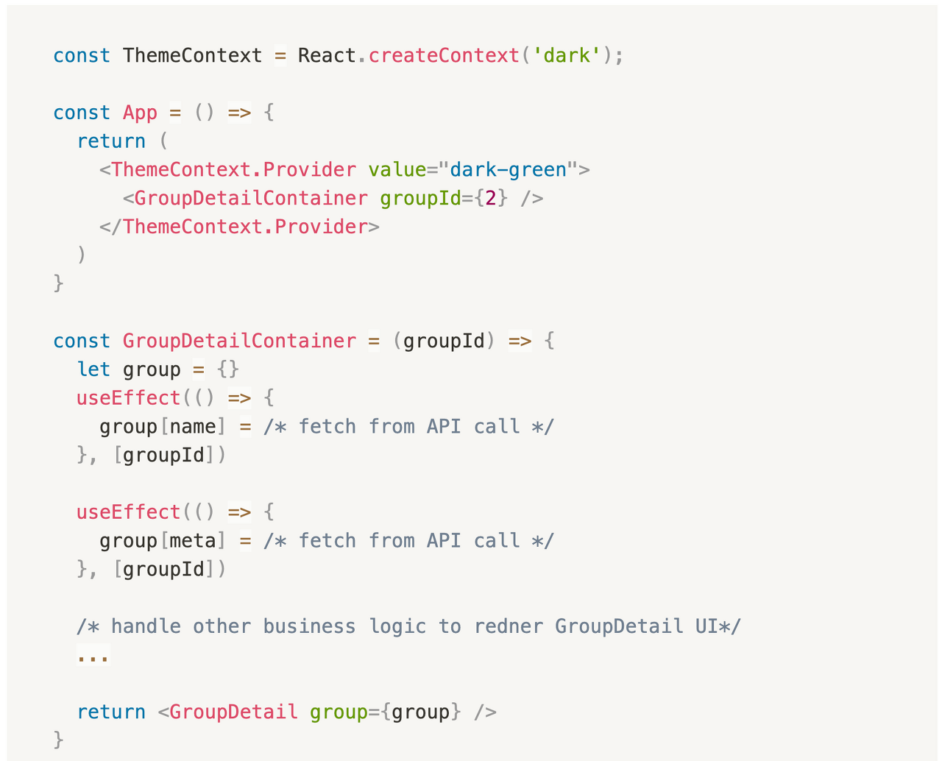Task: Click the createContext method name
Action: coord(443,56)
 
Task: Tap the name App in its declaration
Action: coord(140,113)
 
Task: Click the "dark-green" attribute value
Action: coord(508,170)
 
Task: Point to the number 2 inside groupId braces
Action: coord(490,199)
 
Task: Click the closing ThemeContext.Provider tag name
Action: coord(245,227)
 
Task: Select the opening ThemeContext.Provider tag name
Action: coord(233,170)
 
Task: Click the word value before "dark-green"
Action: coord(397,170)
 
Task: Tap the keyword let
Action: coord(93,369)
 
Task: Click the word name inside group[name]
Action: coord(193,427)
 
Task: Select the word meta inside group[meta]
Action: coord(193,541)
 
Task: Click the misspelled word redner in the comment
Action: coord(508,626)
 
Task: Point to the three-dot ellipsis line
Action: coord(93,655)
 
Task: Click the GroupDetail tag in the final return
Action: coord(233,712)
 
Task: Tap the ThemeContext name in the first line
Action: coord(192,56)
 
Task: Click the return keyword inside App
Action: coord(111,141)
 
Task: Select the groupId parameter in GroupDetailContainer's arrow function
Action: coord(444,341)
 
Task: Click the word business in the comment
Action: coord(309,626)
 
